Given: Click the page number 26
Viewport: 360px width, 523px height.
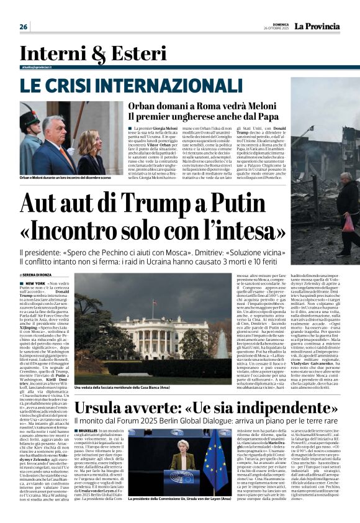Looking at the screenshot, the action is tap(24, 27).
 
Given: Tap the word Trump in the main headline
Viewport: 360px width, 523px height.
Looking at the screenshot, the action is tap(165, 204).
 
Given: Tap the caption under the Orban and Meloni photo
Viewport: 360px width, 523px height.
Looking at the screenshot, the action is tap(64, 178).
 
